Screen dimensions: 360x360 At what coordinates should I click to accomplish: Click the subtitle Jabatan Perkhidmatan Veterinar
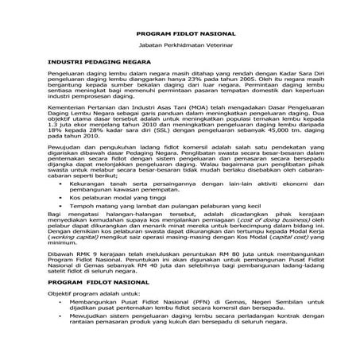[x=180, y=48]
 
